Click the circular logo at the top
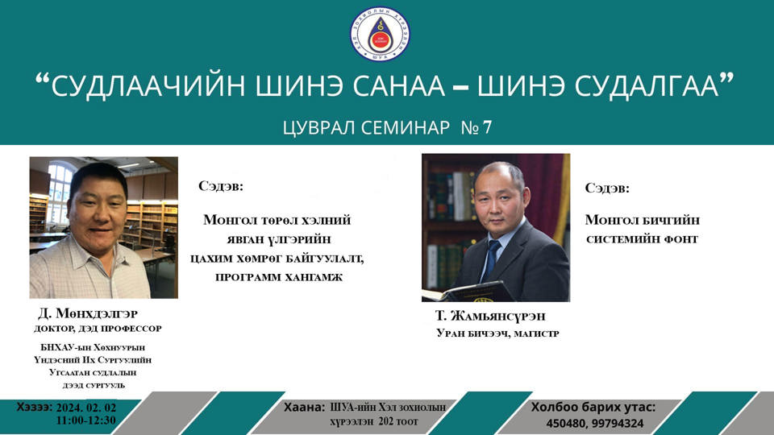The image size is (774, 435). point(380,35)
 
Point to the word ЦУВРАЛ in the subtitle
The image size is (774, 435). point(321,127)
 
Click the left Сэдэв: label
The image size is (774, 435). point(220,187)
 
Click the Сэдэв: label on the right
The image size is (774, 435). point(607,188)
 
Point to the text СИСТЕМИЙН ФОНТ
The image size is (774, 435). point(642,239)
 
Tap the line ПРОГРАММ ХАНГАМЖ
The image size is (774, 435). point(279,276)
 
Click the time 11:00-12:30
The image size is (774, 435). point(86,420)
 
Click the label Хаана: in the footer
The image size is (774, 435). point(304,408)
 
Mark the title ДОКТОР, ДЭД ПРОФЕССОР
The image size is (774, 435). point(97,329)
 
